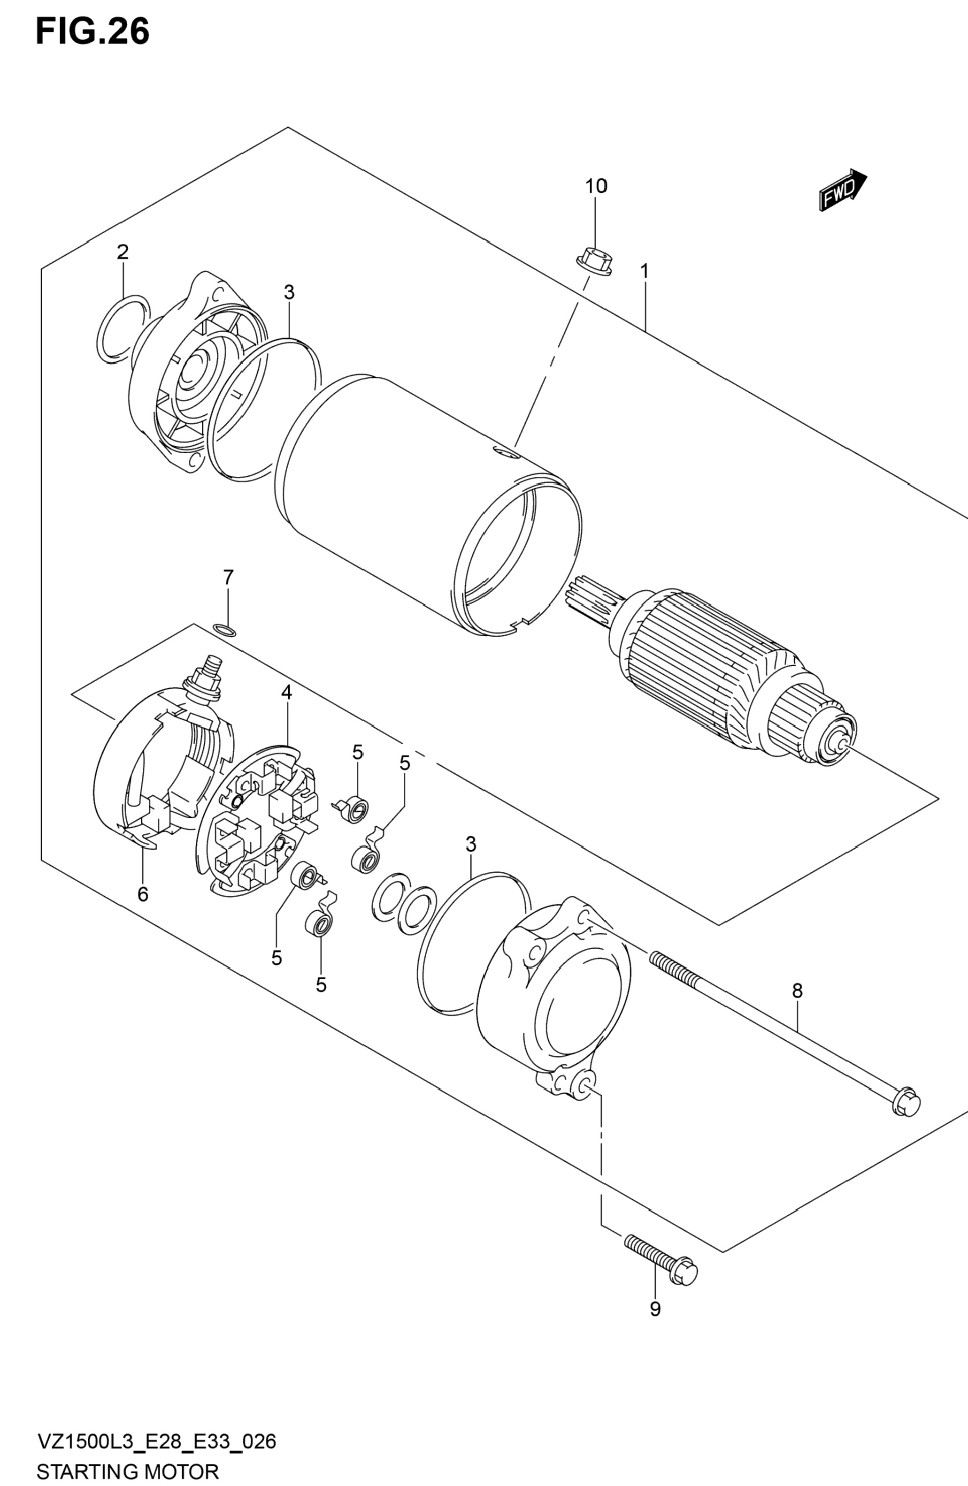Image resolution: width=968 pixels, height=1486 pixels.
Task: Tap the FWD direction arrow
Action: click(843, 191)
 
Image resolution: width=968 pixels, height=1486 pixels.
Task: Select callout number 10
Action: click(596, 186)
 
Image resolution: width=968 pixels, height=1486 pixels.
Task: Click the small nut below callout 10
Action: click(593, 261)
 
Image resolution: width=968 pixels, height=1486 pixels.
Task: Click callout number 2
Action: click(123, 252)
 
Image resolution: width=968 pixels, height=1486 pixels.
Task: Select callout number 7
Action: click(228, 577)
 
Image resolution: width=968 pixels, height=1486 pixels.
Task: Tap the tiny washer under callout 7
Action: click(225, 629)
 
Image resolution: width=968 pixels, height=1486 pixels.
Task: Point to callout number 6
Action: click(143, 894)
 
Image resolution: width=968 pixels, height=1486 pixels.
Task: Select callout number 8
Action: click(797, 990)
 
